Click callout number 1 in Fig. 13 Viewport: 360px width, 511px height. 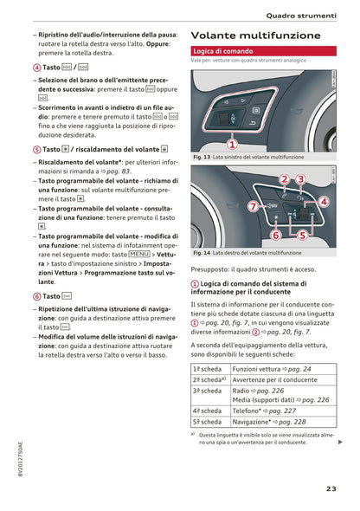pyautogui.click(x=232, y=144)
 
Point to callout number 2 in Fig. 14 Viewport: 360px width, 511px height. pyautogui.click(x=284, y=179)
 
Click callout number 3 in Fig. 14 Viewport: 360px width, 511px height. pyautogui.click(x=300, y=179)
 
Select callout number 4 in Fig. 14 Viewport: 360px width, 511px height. pyautogui.click(x=324, y=202)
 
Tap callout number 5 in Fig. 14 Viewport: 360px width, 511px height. pyautogui.click(x=303, y=235)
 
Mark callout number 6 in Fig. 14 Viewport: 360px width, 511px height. pyautogui.click(x=275, y=235)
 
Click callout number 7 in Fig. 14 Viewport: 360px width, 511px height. pyautogui.click(x=253, y=207)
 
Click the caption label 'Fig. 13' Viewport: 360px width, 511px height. pyautogui.click(x=198, y=158)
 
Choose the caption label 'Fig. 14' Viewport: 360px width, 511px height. pyautogui.click(x=198, y=253)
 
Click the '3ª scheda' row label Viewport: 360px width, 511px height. pyautogui.click(x=206, y=391)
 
